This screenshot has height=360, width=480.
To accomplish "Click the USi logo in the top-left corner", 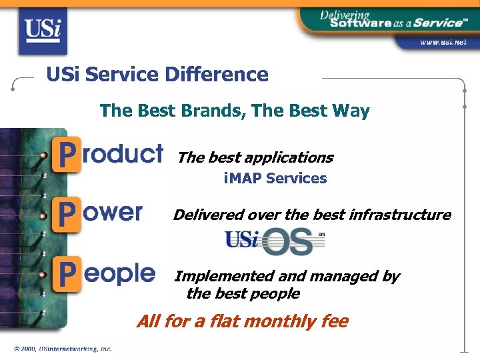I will pos(43,29).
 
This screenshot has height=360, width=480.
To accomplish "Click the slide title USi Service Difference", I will pos(157,75).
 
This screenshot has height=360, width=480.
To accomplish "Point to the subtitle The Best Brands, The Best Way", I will pos(235,111).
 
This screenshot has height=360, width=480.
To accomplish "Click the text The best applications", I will pos(255,158).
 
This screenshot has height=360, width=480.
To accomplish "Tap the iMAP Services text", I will pos(275,179).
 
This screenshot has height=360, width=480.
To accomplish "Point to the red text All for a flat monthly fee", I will pos(242,321).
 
